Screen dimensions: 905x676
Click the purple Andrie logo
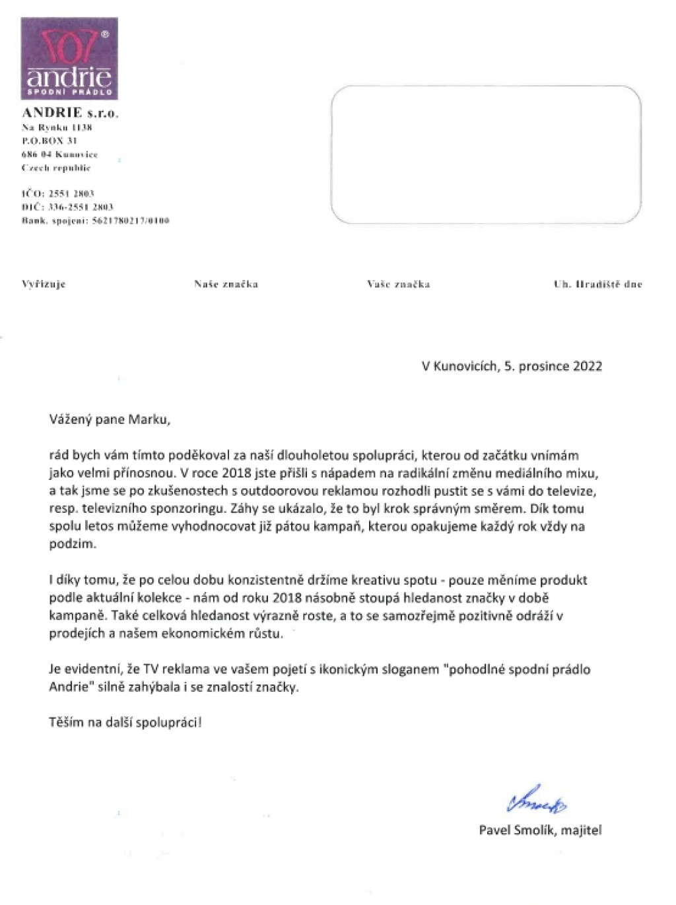click(69, 58)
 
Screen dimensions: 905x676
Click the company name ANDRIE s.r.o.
click(70, 113)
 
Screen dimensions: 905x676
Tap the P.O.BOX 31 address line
click(50, 141)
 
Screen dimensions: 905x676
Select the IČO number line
click(58, 193)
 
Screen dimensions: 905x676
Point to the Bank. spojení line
click(95, 220)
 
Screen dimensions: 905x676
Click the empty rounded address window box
click(485, 154)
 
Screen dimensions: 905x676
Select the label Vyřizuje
click(44, 285)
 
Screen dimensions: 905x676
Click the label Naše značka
click(226, 285)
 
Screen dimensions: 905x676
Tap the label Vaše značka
click(398, 285)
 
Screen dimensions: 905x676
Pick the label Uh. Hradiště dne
click(597, 285)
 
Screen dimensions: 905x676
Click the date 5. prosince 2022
click(553, 366)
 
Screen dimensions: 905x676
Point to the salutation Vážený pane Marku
click(110, 419)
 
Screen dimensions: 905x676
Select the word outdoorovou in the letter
click(276, 491)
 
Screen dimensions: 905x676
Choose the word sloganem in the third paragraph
click(409, 669)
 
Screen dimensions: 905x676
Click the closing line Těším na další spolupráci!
click(125, 722)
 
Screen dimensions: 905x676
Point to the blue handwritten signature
click(536, 801)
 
